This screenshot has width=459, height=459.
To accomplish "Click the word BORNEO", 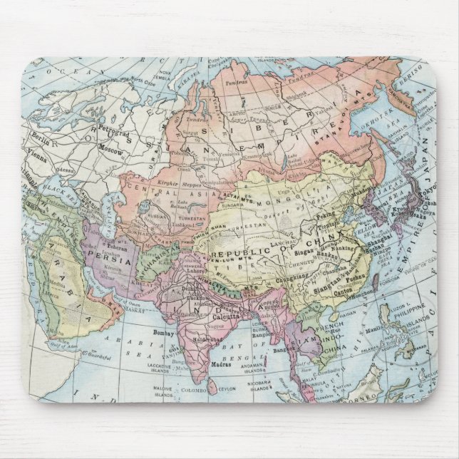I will pyautogui.click(x=371, y=401).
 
